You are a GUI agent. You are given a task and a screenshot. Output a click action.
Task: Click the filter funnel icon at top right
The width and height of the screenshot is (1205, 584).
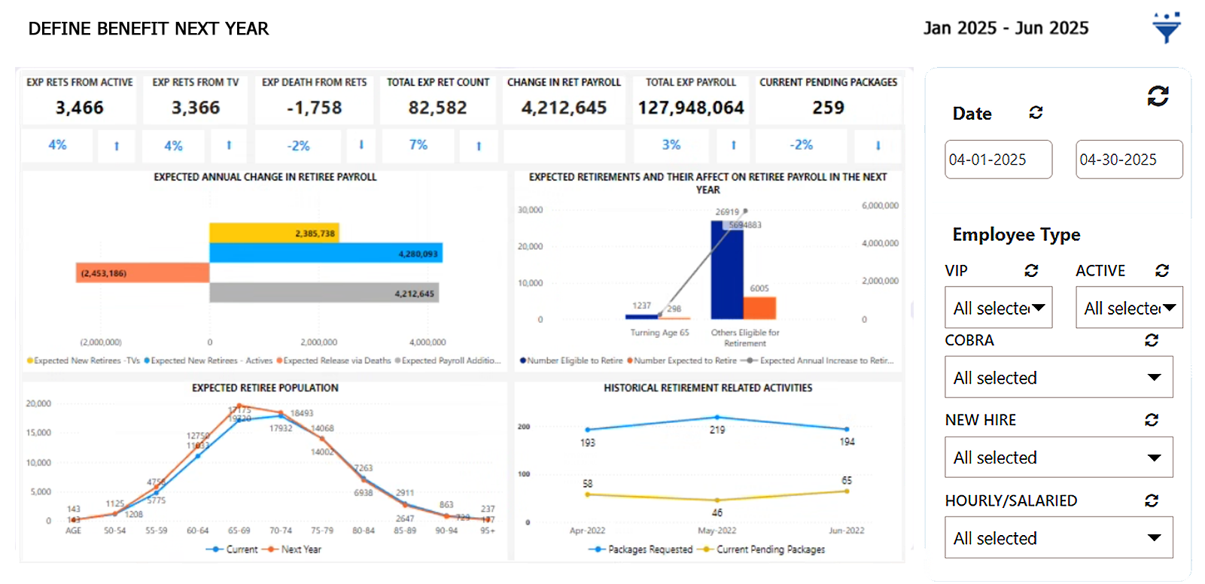[x=1166, y=28]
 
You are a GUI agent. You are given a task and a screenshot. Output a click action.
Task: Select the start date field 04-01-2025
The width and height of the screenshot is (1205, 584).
[x=998, y=160]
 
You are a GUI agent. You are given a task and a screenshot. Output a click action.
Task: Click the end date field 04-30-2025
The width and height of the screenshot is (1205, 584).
[x=1128, y=160]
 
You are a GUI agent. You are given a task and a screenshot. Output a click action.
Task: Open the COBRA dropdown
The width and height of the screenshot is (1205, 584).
[x=1058, y=377]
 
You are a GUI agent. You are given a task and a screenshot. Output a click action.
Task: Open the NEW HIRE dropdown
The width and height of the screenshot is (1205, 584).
[x=1058, y=457]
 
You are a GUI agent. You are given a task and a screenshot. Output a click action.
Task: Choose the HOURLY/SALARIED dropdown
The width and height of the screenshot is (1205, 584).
[x=1058, y=537]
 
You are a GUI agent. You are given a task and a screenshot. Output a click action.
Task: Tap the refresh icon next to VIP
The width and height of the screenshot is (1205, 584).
[x=1031, y=270]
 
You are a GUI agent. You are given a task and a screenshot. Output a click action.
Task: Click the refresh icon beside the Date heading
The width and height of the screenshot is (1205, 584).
[x=1036, y=112]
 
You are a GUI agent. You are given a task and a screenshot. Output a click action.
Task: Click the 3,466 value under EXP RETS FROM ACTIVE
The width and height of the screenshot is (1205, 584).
[x=80, y=108]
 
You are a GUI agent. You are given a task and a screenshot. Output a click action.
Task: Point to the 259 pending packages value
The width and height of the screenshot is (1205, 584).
[x=828, y=108]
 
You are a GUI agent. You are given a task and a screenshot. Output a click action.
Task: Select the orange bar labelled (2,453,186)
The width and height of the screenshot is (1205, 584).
[x=142, y=272]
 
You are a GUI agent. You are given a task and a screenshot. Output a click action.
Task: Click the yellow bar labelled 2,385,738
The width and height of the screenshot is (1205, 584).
[x=274, y=233]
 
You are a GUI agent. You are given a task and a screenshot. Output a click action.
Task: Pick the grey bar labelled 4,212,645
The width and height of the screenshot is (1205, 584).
[x=324, y=293]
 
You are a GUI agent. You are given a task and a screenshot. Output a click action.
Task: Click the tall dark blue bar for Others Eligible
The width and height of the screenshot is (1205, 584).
[x=726, y=271]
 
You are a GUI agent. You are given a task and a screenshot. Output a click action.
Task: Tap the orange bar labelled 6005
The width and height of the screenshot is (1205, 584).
[x=759, y=308]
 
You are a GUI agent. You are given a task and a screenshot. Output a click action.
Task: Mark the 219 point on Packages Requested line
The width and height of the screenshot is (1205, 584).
[x=717, y=417]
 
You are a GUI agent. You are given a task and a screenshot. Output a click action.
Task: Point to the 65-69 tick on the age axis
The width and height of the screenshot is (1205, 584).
[x=239, y=531]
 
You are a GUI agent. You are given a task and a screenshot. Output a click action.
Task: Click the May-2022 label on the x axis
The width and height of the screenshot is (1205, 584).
[x=717, y=531]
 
